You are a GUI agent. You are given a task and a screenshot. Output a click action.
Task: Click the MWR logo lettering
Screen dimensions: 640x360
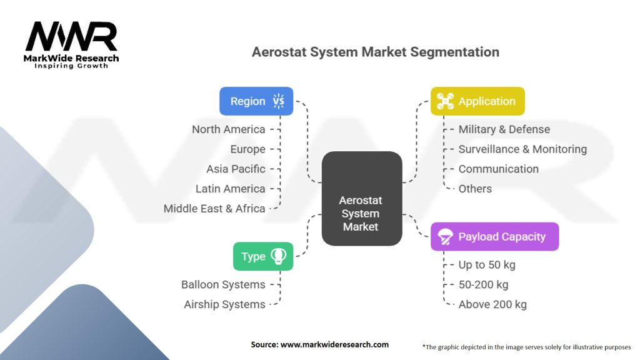tap(71, 36)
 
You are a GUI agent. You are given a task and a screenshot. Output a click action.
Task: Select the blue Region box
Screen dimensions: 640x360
tap(256, 101)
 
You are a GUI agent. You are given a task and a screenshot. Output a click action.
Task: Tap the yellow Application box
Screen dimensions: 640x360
tap(477, 101)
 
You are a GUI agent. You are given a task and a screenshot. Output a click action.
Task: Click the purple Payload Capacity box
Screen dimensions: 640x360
tap(495, 236)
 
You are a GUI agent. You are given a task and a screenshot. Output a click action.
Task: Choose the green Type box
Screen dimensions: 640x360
tap(263, 256)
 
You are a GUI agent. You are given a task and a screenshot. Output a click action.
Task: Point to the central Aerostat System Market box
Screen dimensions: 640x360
tap(362, 198)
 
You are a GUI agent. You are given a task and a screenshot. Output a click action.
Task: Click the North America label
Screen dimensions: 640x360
tap(229, 129)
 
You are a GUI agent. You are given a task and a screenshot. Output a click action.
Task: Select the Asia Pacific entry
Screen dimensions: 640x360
tap(236, 169)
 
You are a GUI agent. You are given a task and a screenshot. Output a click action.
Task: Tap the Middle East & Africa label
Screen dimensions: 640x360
tap(214, 209)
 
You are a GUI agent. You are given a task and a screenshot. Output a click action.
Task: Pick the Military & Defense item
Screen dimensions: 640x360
tap(504, 129)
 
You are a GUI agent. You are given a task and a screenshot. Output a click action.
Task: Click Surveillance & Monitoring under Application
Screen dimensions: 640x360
tap(522, 149)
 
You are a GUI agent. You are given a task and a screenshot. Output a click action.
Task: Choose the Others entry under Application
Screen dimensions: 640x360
tap(475, 189)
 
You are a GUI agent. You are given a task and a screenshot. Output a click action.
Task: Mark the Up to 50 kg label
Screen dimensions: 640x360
tap(487, 265)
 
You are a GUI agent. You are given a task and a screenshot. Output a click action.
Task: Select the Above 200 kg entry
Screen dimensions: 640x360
tap(492, 304)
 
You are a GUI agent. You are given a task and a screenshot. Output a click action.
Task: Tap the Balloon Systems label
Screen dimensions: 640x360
tap(223, 284)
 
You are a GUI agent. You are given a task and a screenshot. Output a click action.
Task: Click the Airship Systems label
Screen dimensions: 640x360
tap(224, 304)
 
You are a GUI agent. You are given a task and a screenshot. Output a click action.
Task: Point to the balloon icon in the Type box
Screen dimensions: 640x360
tap(278, 256)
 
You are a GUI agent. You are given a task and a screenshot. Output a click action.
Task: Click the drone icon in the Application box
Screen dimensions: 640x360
tap(445, 101)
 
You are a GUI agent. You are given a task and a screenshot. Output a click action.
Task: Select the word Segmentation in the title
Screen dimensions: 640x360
tap(455, 52)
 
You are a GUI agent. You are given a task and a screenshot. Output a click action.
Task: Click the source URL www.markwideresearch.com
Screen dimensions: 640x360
tap(335, 344)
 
